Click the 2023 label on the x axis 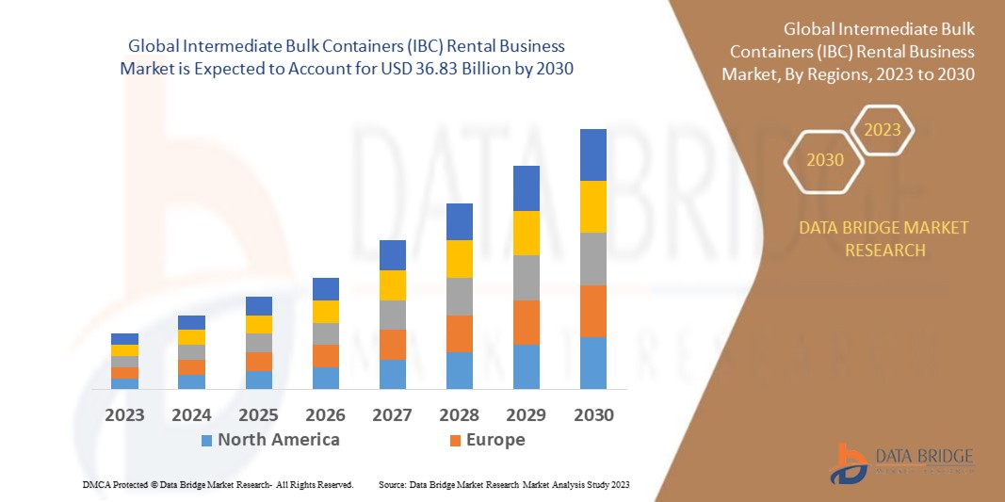[x=124, y=414]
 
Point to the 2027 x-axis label [x=392, y=414]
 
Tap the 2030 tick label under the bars [x=592, y=414]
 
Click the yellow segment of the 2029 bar [x=526, y=233]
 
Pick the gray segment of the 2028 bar [x=459, y=296]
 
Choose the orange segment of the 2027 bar [x=392, y=344]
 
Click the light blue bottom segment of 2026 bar [x=325, y=378]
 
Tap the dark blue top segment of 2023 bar [x=124, y=339]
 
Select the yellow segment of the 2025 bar [x=258, y=324]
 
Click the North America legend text [x=278, y=440]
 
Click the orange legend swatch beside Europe [x=455, y=441]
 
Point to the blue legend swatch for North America [x=206, y=441]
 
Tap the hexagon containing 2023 [x=883, y=130]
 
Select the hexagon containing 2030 [x=825, y=160]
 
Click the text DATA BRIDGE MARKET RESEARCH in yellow [x=883, y=239]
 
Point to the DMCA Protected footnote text [x=218, y=484]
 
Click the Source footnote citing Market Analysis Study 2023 [x=503, y=484]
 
